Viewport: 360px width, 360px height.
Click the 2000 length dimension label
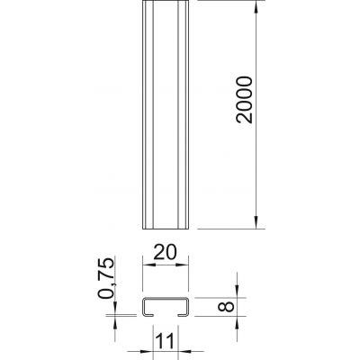point(244,100)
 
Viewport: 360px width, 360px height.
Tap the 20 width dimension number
point(165,253)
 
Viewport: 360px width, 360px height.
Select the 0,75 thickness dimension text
point(106,278)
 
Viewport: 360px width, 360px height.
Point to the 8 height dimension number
point(227,307)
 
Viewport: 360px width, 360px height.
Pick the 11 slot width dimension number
point(165,341)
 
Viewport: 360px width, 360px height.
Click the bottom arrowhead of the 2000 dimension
point(256,222)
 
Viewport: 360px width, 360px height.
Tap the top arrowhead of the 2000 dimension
point(256,7)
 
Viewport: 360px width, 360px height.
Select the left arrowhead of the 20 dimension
point(148,265)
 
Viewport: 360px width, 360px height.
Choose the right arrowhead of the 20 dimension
point(182,265)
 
